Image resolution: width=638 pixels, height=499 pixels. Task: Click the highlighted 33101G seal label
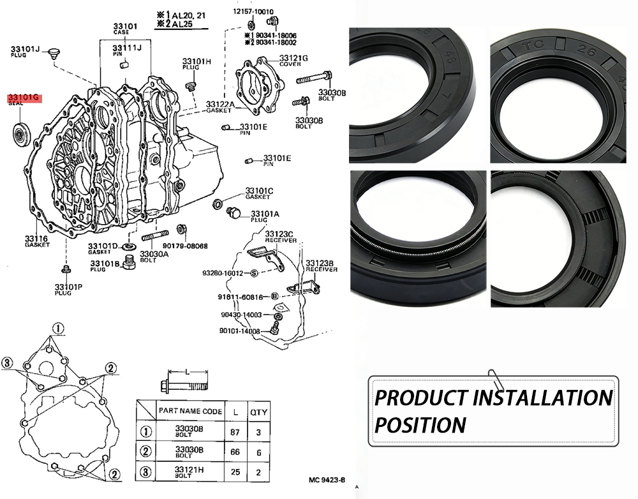[24, 99]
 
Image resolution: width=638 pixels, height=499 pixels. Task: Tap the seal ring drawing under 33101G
[22, 135]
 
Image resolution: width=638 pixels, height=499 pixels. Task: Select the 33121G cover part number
[293, 58]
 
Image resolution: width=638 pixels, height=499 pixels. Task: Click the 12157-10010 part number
[253, 11]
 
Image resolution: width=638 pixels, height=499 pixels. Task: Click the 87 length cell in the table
[235, 432]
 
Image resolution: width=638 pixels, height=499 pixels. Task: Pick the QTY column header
[258, 412]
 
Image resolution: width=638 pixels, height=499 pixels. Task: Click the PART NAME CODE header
[190, 412]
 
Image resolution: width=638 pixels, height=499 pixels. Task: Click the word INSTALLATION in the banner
[542, 398]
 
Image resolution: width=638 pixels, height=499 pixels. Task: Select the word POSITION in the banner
[420, 425]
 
